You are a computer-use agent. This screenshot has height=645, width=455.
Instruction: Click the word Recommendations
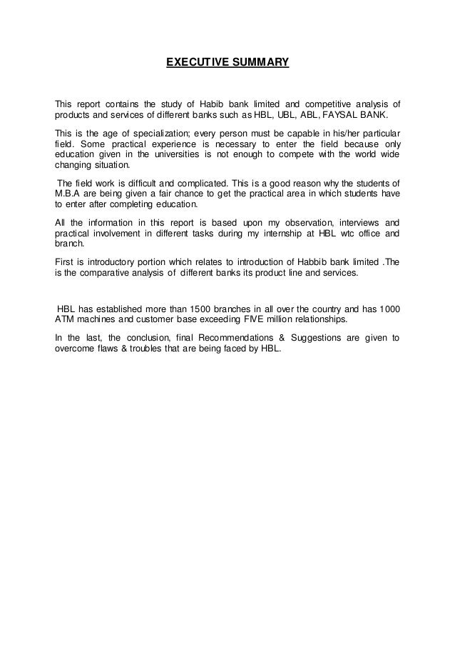250,337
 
